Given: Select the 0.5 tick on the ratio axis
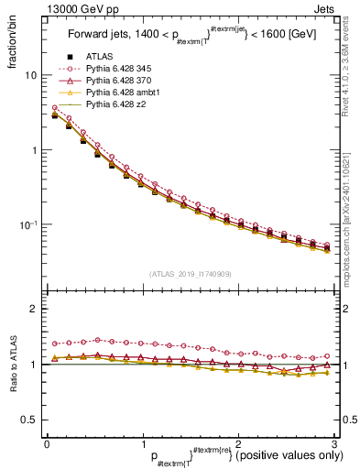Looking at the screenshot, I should click(x=30, y=420).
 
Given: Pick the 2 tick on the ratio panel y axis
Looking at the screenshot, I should click(x=35, y=309).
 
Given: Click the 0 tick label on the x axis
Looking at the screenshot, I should click(x=47, y=443).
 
